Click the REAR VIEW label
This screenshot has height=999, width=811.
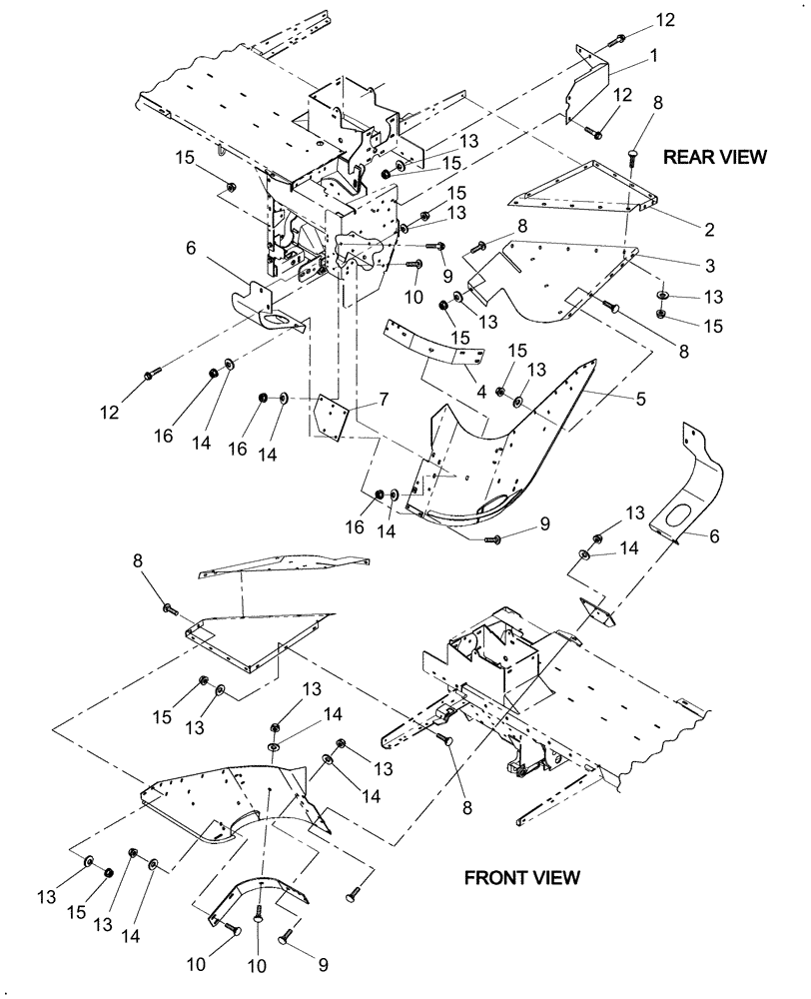click(715, 157)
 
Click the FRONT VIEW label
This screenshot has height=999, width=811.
click(521, 877)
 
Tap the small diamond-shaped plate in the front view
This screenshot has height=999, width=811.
click(597, 611)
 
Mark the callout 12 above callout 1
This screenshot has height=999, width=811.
click(663, 20)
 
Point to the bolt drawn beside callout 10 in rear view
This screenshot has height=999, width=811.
click(413, 265)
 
